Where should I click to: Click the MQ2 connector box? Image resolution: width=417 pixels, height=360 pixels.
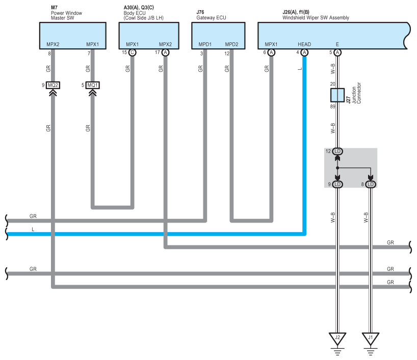53,85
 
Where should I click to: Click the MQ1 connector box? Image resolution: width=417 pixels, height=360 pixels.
93,85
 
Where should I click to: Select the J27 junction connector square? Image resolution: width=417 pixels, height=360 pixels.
337,95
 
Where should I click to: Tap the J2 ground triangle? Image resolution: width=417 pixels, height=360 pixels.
337,339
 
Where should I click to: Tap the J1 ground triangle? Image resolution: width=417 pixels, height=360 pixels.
371,339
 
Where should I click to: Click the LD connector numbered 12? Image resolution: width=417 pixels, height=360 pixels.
337,151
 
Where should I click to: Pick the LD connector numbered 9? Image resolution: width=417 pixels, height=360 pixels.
337,184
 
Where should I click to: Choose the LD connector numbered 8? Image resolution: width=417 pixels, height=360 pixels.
371,184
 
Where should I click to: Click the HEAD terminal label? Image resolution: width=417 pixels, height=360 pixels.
304,44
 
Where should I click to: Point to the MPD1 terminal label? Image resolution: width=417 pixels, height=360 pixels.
205,44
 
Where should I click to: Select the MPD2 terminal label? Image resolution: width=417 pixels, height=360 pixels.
231,44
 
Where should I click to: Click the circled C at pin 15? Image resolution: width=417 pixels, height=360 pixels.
132,52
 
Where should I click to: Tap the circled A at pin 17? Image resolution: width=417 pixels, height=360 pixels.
165,52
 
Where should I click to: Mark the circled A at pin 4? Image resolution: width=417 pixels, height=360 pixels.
304,52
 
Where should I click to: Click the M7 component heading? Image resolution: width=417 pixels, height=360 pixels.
54,8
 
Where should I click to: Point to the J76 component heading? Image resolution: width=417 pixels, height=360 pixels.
200,12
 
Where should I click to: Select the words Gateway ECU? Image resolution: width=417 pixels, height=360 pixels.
211,18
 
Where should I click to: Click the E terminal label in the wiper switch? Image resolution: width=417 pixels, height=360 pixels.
337,44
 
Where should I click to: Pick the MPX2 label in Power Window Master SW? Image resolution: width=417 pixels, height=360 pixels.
53,44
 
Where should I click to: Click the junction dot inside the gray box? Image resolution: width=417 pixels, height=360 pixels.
337,168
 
